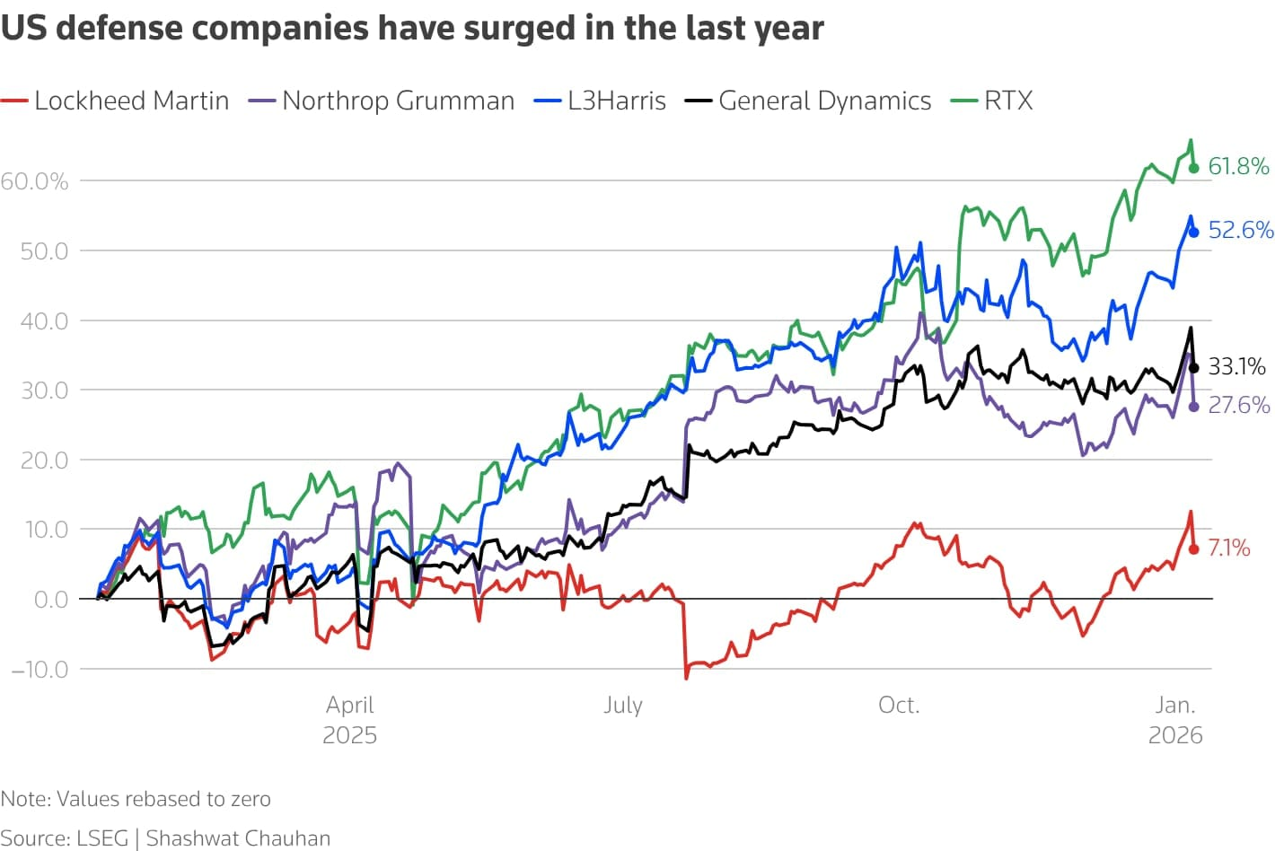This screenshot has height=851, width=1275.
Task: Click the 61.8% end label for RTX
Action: click(x=1238, y=166)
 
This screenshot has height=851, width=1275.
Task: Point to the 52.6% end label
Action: click(x=1240, y=230)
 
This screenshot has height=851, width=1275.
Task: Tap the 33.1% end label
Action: click(x=1236, y=366)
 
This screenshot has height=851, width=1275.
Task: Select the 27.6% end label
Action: click(x=1238, y=405)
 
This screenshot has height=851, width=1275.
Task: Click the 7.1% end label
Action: click(x=1228, y=548)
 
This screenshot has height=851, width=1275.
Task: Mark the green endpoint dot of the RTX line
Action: click(x=1193, y=168)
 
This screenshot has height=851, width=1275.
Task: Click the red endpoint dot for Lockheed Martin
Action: click(x=1193, y=549)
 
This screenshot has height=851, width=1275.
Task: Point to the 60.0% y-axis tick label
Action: click(x=34, y=181)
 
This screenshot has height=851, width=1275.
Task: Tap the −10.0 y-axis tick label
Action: click(x=40, y=669)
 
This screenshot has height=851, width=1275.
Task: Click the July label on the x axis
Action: click(x=622, y=705)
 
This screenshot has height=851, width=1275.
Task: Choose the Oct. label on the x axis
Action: click(x=899, y=705)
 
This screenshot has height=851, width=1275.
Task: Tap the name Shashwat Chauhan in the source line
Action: click(x=238, y=838)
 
